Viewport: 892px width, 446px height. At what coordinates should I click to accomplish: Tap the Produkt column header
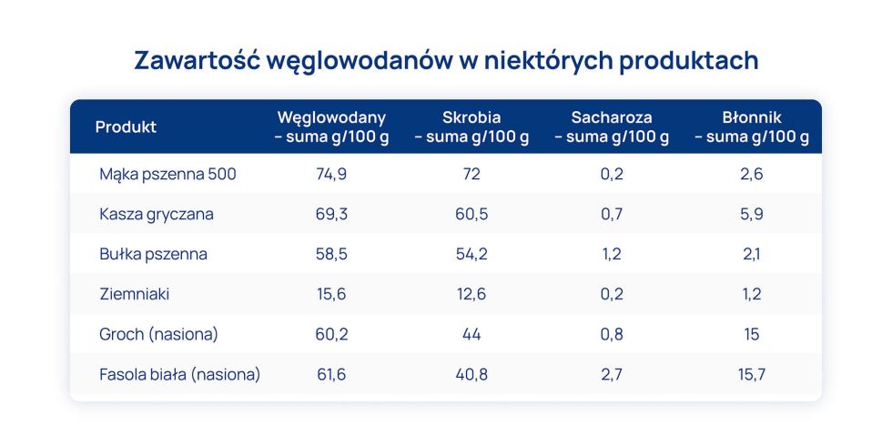(x=126, y=127)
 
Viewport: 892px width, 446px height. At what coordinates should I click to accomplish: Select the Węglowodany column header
(x=331, y=127)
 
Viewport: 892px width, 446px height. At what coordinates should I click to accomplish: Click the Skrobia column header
(x=471, y=127)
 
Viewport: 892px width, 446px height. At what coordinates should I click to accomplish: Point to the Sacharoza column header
(x=612, y=127)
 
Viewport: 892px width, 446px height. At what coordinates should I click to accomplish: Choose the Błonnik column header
(x=752, y=127)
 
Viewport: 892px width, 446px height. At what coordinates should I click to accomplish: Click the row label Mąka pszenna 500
(x=167, y=174)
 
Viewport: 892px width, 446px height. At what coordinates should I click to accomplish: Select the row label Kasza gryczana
(x=157, y=214)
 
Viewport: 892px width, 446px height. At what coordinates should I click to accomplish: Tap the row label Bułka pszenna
(x=153, y=254)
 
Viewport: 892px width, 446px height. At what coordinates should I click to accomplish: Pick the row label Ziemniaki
(x=135, y=294)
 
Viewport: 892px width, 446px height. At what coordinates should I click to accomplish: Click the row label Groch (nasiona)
(x=158, y=334)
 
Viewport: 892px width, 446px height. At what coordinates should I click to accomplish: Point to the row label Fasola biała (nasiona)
(x=179, y=374)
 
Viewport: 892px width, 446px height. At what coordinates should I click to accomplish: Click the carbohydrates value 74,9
(x=331, y=174)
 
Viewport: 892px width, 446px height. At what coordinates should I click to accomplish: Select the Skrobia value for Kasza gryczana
(x=471, y=214)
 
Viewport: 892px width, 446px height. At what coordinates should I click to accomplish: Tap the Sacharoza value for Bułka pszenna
(x=612, y=254)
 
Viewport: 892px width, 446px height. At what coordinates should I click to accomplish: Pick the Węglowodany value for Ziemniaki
(x=331, y=294)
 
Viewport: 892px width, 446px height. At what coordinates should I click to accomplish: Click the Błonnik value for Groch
(x=752, y=334)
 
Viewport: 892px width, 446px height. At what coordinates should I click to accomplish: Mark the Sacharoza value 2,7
(x=612, y=374)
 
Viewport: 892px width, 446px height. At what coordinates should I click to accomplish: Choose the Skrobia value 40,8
(x=471, y=374)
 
